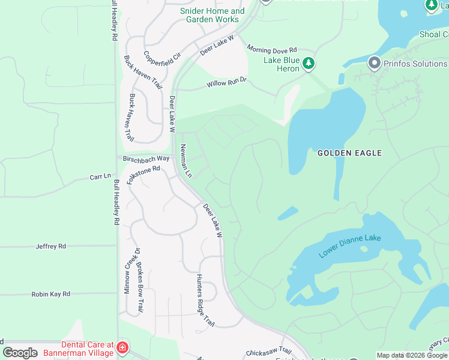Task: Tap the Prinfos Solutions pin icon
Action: coord(375,63)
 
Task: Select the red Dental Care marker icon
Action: coord(122,347)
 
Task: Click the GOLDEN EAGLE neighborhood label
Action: coord(349,153)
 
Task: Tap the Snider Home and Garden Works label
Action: coord(212,15)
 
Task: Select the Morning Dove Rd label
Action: coord(272,50)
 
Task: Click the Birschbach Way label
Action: coord(146,158)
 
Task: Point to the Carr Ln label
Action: coord(100,177)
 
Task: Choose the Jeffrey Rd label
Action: coord(50,246)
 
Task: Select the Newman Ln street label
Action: coord(185,161)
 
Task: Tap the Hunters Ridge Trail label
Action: coord(205,303)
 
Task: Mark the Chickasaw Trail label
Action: coord(268,352)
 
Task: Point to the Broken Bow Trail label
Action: coord(139,288)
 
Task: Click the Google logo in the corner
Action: coord(20,353)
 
